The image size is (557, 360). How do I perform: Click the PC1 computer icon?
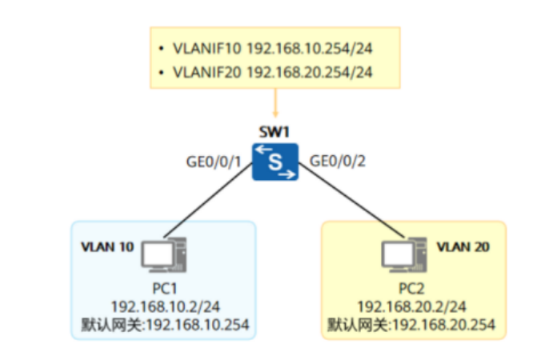(164, 254)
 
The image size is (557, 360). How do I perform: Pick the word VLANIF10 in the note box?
(206, 48)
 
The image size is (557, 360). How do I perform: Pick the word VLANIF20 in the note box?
(206, 73)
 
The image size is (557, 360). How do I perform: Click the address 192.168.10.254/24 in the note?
(309, 48)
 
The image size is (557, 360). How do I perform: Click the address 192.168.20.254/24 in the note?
(309, 73)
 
